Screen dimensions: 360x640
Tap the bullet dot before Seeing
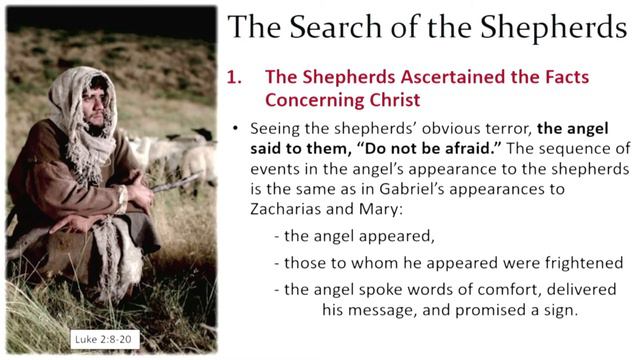pyautogui.click(x=234, y=129)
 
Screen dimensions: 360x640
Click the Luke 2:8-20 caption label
pyautogui.click(x=103, y=339)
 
